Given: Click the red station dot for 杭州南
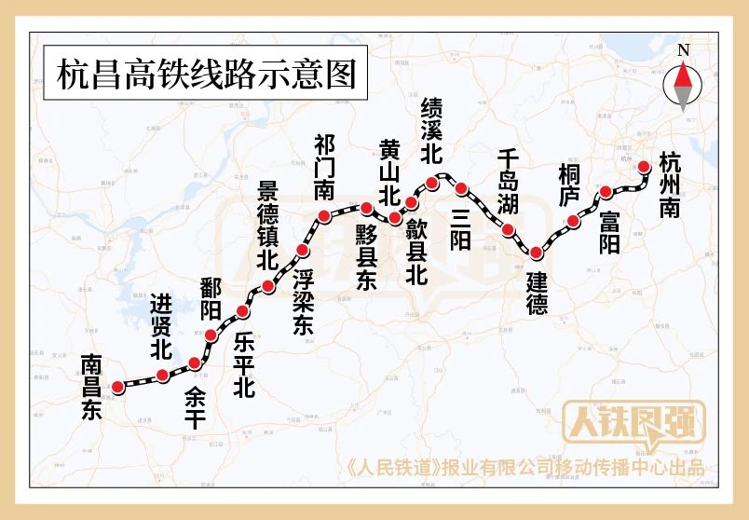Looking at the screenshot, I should coord(645,168).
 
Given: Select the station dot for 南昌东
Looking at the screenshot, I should coord(117,387).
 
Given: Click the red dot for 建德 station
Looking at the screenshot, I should coord(536,253).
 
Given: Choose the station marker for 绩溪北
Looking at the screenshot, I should coord(432,182).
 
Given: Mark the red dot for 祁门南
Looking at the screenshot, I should coord(324,217).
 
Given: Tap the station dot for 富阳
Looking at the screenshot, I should coord(606,192).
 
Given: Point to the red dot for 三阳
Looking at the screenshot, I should coord(461,189).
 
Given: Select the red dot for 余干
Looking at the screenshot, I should coord(195,363).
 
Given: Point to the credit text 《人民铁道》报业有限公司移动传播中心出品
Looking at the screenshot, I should coord(525,469).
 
